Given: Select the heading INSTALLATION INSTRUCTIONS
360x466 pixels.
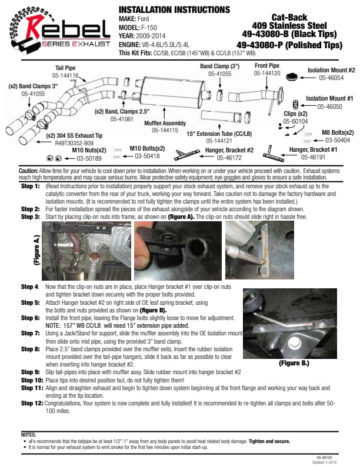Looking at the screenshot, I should click(x=174, y=10).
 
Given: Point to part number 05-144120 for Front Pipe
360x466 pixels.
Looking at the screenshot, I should click(x=267, y=74).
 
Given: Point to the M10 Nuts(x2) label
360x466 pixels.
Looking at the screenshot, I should click(x=89, y=151).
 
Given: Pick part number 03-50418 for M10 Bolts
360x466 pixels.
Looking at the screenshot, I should click(x=148, y=156).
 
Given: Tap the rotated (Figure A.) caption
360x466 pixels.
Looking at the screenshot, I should click(x=37, y=252).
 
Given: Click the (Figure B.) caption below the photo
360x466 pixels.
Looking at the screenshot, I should click(x=294, y=363).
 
